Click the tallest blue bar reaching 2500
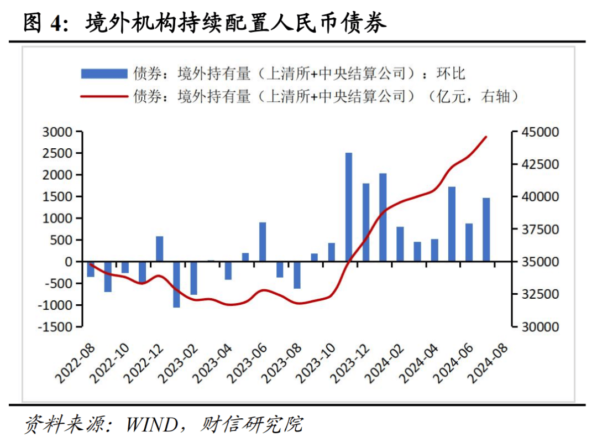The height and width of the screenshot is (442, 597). pyautogui.click(x=349, y=207)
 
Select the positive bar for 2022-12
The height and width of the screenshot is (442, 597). pyautogui.click(x=160, y=249)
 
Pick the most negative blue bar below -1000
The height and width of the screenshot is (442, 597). pyautogui.click(x=176, y=284)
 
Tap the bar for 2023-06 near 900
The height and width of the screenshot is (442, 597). pyautogui.click(x=263, y=242)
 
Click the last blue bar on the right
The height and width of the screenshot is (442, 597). pyautogui.click(x=486, y=230)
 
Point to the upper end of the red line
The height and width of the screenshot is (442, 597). pyautogui.click(x=486, y=137)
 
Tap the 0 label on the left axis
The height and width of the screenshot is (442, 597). pyautogui.click(x=70, y=262)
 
